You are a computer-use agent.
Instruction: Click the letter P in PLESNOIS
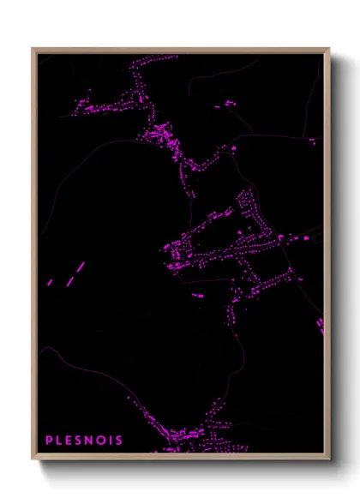click(x=49, y=441)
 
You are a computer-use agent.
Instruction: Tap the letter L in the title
click(x=60, y=441)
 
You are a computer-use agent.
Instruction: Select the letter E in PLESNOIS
click(x=70, y=441)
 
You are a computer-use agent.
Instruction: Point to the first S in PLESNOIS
click(x=81, y=441)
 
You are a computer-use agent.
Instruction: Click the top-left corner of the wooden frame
click(x=33, y=49)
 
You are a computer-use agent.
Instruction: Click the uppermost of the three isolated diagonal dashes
click(x=81, y=267)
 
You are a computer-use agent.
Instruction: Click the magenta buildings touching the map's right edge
click(x=321, y=326)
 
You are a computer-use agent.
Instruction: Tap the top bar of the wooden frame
click(x=180, y=50)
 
